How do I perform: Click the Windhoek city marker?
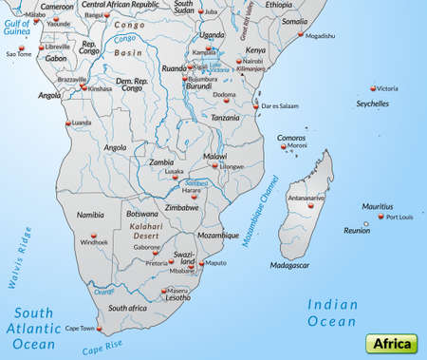point(92,237)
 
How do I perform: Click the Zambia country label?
point(162,162)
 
